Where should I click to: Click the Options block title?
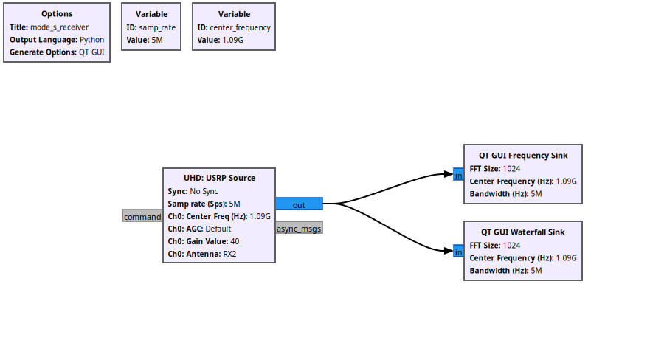pos(57,14)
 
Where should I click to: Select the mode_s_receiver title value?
pos(59,27)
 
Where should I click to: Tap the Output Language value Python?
pos(92,40)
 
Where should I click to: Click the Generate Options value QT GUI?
pos(92,52)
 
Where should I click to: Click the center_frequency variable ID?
pos(240,27)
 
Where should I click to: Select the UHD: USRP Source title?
pos(219,178)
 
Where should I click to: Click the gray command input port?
pos(142,216)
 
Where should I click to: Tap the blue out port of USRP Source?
pos(299,204)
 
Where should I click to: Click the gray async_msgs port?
pos(299,229)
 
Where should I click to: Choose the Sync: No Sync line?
pos(193,191)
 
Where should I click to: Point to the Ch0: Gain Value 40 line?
pos(204,241)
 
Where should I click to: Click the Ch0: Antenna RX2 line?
pos(202,254)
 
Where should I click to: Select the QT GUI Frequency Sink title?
pos(523,156)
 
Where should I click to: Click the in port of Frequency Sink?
pos(458,175)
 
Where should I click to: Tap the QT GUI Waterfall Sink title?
pos(523,232)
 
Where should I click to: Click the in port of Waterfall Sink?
pos(458,252)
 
